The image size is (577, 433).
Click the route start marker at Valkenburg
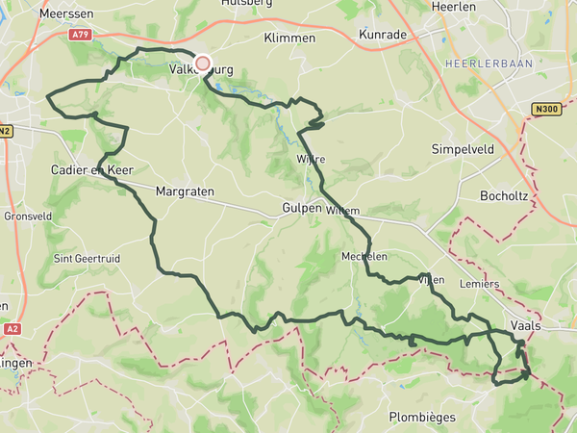[x=202, y=64]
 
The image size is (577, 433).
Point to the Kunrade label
[x=383, y=35]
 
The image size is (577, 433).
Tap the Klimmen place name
[x=289, y=38]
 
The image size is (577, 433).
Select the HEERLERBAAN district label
[x=482, y=64]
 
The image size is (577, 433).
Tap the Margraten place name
[x=184, y=191]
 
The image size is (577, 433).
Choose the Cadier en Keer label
[x=91, y=170]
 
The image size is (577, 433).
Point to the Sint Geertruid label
[x=89, y=258]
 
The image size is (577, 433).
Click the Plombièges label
[x=420, y=417]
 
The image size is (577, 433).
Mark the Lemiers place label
[x=480, y=284]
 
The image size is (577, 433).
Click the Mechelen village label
[x=364, y=257]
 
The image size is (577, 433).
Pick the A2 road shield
[x=11, y=328]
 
